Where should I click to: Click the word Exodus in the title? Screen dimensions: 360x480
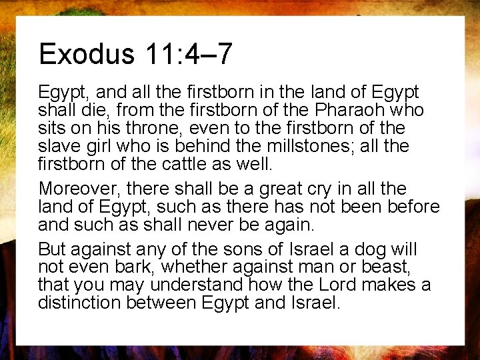[x=86, y=54]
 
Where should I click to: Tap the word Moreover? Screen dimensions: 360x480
[x=81, y=189]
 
